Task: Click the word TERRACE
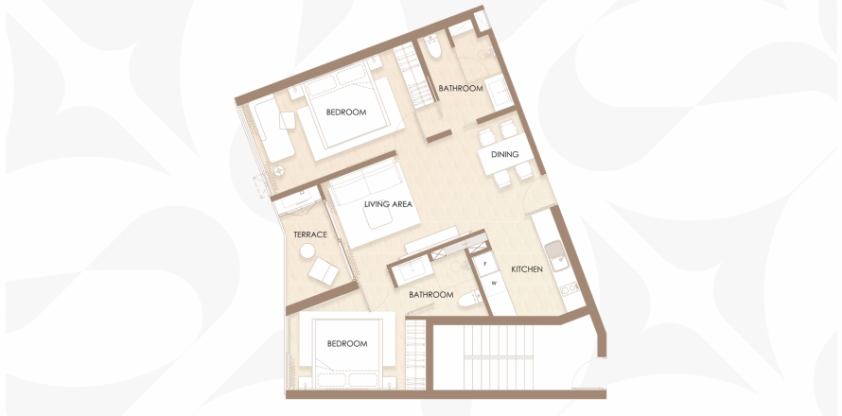[x=310, y=234]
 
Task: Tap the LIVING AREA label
[x=388, y=204]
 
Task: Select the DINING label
[x=505, y=154]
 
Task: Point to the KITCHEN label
[x=526, y=269]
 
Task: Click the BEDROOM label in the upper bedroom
[x=346, y=113]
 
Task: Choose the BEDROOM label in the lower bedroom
[x=347, y=343]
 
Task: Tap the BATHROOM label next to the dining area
[x=461, y=88]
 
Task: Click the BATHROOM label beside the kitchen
[x=431, y=295]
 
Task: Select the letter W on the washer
[x=494, y=284]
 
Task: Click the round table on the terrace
[x=307, y=251]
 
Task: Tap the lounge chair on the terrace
[x=324, y=271]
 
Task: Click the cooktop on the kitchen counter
[x=570, y=288]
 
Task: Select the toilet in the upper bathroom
[x=433, y=45]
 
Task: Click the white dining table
[x=505, y=154]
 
